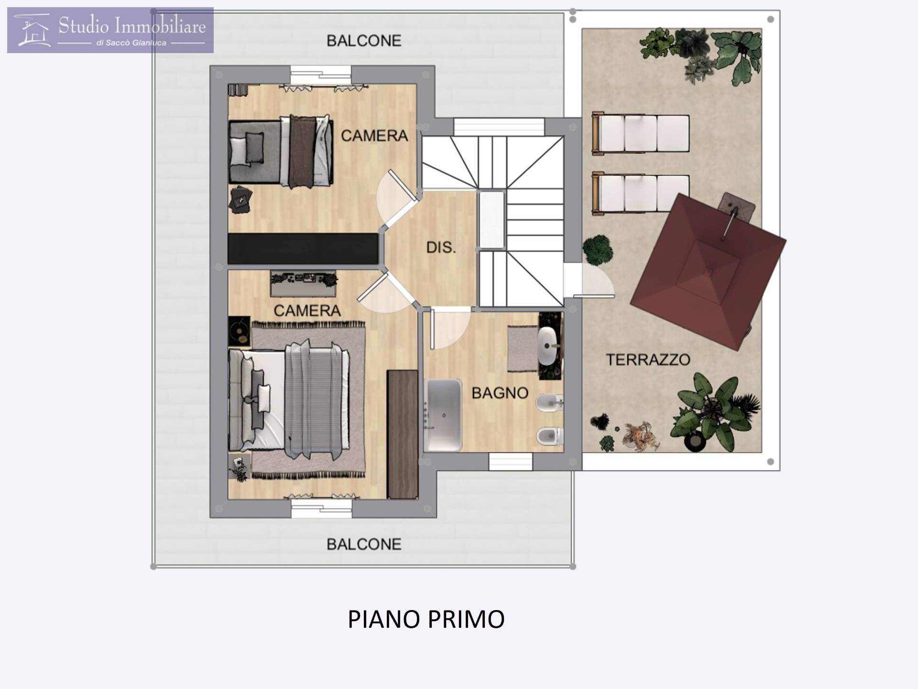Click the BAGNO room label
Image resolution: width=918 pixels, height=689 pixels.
[x=500, y=393]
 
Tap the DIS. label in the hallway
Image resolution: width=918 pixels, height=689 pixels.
[x=441, y=247]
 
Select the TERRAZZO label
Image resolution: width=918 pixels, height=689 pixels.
[x=648, y=360]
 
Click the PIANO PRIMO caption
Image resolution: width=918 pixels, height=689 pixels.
[x=426, y=619]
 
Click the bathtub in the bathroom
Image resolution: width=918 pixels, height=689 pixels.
[x=443, y=415]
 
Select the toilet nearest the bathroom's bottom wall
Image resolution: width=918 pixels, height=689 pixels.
[x=549, y=436]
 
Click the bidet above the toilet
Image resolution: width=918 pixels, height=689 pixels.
[x=549, y=404]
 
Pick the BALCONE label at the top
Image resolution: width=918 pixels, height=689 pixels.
[x=364, y=41]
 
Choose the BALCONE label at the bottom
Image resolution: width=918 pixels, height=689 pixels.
[x=364, y=545]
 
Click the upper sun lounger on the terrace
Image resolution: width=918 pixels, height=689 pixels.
[x=640, y=133]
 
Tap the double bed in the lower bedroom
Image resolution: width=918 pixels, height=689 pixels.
[x=289, y=400]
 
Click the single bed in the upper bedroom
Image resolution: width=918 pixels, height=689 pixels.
[x=281, y=150]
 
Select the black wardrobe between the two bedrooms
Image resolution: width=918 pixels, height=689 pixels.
[x=303, y=249]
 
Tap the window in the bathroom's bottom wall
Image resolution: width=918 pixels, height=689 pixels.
[x=510, y=462]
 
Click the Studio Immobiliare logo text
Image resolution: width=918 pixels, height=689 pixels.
[x=132, y=25]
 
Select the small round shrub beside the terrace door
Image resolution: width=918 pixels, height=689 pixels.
[x=598, y=249]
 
